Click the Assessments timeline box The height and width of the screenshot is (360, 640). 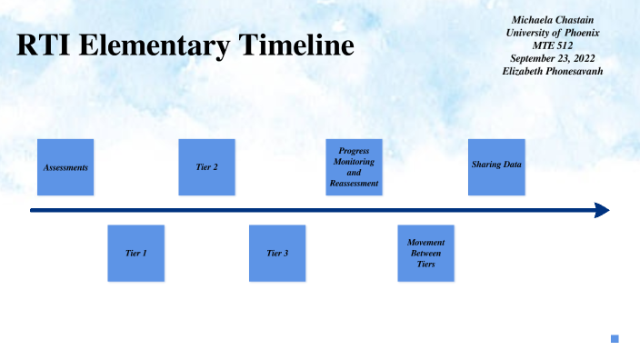(x=65, y=167)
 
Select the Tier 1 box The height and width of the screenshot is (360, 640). (x=136, y=253)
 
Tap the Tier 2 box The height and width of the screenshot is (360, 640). (x=207, y=167)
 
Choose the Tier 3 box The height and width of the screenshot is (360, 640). (x=277, y=253)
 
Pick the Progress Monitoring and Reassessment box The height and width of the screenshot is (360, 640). (x=354, y=167)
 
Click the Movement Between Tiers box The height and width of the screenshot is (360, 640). (x=425, y=253)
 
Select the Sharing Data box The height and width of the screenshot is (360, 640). (x=496, y=167)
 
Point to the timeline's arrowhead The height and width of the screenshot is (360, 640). (x=602, y=211)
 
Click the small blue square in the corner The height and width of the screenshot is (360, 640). (x=615, y=339)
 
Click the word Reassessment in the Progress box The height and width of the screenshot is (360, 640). (x=354, y=184)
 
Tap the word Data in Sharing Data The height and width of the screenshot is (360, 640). (x=514, y=165)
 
